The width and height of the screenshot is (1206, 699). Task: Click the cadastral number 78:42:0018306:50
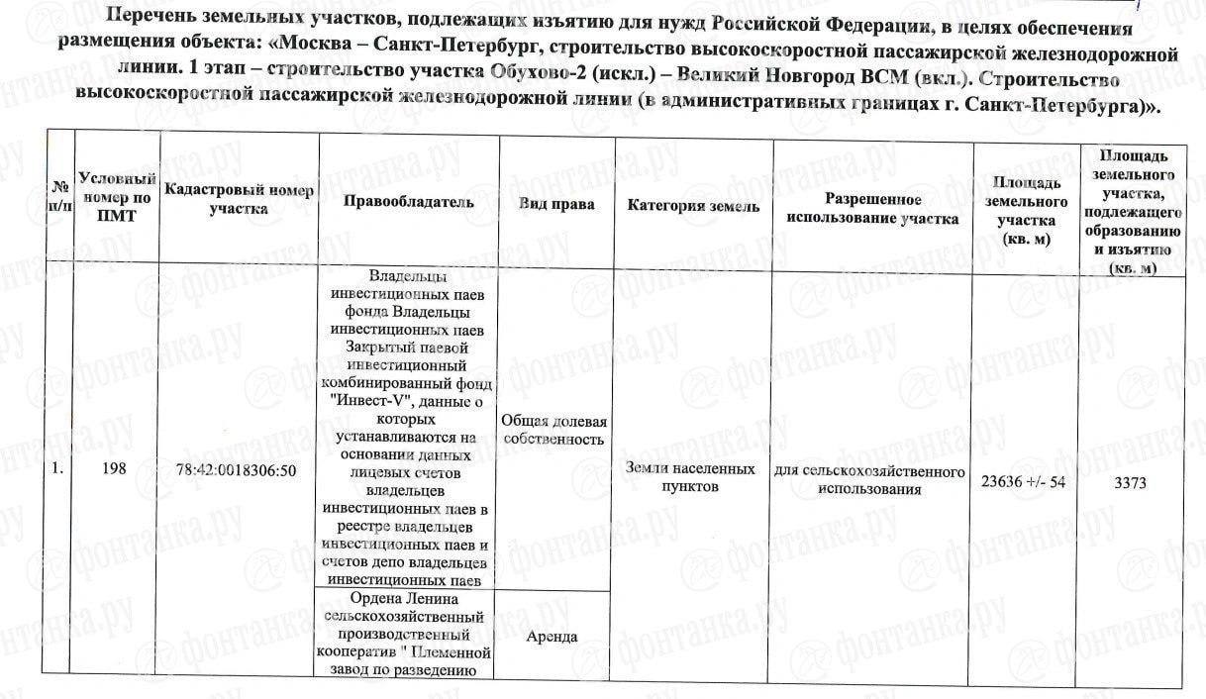point(238,471)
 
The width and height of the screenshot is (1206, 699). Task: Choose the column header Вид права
point(555,204)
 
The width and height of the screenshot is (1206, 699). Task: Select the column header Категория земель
point(693,206)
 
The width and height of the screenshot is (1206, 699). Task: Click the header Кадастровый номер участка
point(239,198)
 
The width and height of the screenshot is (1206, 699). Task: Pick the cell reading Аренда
point(554,636)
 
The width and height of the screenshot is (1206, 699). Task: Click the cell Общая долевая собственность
point(554,430)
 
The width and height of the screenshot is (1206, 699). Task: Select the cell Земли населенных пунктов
point(691,477)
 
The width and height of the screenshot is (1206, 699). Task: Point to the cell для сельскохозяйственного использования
point(871,479)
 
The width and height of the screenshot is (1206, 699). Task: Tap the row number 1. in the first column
point(58,471)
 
